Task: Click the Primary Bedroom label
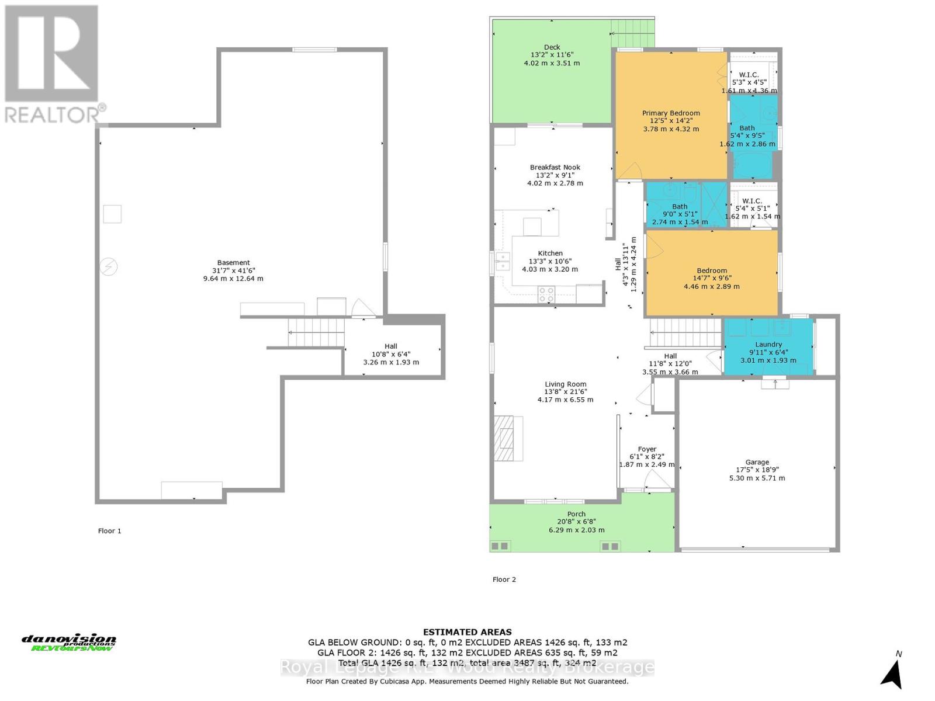tap(671, 113)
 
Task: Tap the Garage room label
tap(757, 462)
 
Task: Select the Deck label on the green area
tap(552, 47)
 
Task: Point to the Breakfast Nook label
tap(555, 168)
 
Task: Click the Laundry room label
tap(768, 345)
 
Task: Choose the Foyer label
tap(647, 449)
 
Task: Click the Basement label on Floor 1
tap(233, 263)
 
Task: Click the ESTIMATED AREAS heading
tap(467, 632)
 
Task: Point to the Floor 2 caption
tap(504, 579)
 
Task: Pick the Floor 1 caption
tap(109, 531)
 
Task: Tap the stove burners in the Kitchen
tap(546, 294)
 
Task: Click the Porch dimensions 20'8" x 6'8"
tap(576, 522)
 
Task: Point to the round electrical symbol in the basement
tap(109, 267)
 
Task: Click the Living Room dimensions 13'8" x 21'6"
tap(565, 392)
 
